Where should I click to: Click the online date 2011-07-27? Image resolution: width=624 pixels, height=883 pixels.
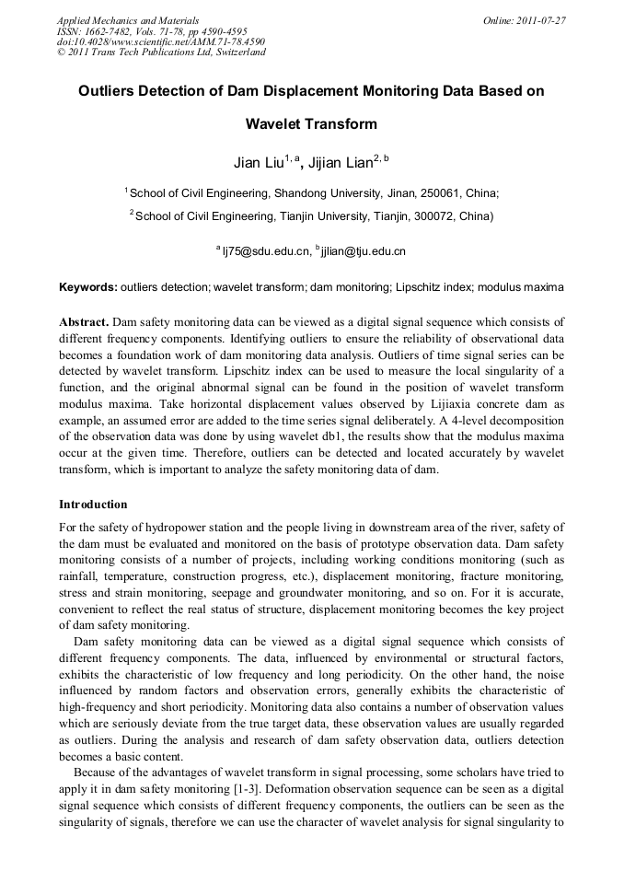(540, 19)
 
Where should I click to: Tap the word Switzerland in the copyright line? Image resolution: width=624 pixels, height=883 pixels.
(238, 52)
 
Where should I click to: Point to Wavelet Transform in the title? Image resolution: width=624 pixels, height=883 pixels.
(311, 124)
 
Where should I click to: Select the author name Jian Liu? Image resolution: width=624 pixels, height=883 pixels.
(257, 164)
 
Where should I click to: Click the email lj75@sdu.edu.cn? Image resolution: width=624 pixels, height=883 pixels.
(266, 250)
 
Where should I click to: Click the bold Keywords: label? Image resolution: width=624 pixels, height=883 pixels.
(88, 287)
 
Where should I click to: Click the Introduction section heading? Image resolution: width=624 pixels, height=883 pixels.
(93, 505)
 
